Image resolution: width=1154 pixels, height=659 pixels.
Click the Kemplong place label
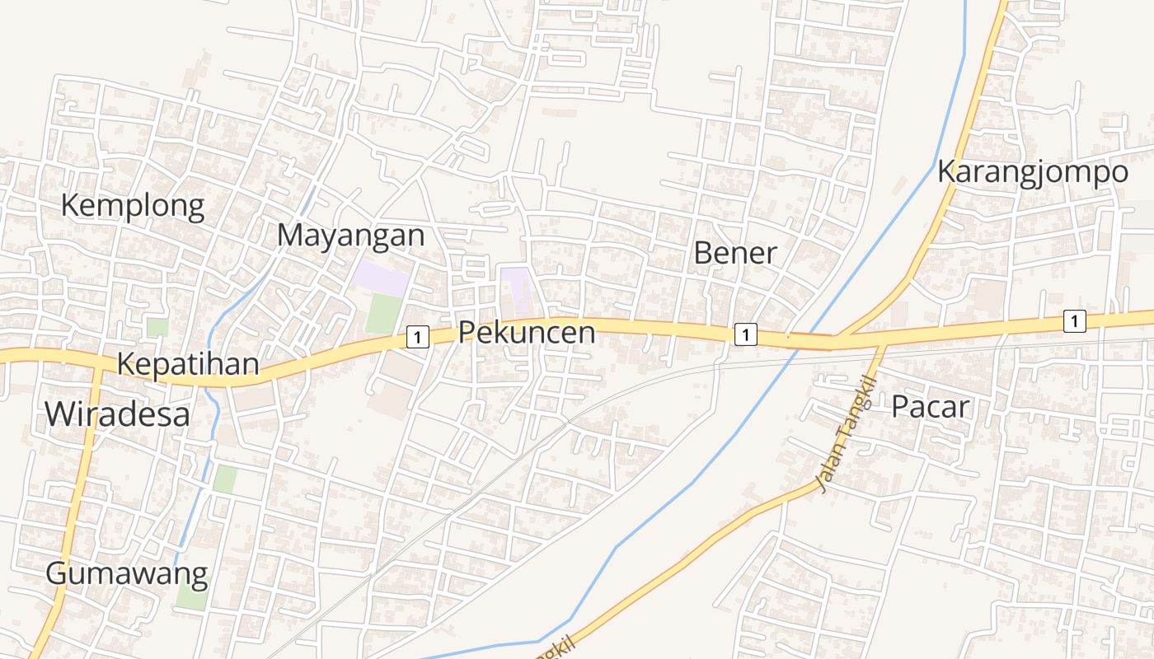(x=133, y=206)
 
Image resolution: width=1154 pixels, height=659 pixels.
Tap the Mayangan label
(x=350, y=236)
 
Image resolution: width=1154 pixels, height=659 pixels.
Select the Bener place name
(x=734, y=253)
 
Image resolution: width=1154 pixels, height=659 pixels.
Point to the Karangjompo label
(x=1032, y=173)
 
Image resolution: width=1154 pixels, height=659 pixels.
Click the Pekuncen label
(x=526, y=333)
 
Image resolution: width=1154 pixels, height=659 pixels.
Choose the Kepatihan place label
(x=188, y=364)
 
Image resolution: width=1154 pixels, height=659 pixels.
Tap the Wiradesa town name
(x=117, y=414)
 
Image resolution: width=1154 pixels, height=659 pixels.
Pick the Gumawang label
(x=126, y=573)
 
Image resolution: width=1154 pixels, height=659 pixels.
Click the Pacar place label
(x=930, y=407)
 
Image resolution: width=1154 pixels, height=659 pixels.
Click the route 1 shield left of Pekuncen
(x=418, y=336)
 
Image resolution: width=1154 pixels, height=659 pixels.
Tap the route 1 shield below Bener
(x=744, y=334)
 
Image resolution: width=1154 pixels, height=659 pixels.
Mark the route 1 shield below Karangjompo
(x=1074, y=320)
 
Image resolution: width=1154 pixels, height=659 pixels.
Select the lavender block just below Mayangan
(x=380, y=278)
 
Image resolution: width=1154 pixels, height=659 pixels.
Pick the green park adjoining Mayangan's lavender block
(x=383, y=314)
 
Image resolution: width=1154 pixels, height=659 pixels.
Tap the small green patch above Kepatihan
(x=157, y=327)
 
